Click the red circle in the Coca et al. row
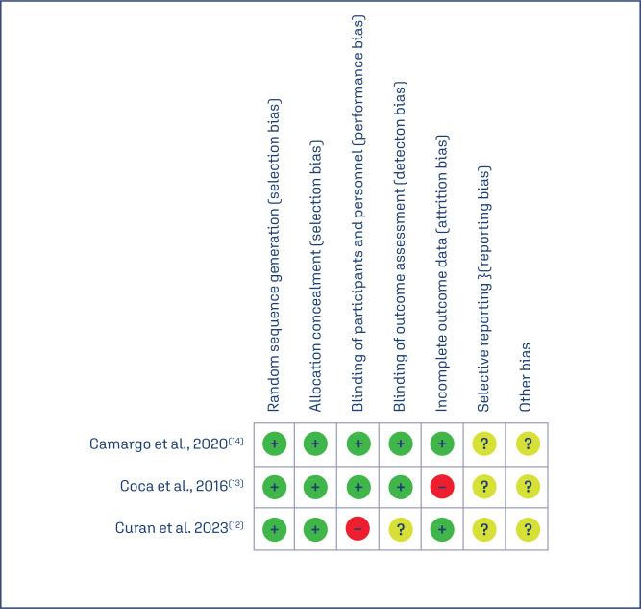point(442,487)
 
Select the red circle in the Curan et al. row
point(357,529)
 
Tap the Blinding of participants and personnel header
point(357,212)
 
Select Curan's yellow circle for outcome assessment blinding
point(400,529)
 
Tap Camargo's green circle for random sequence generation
point(275,444)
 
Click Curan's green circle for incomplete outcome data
point(442,529)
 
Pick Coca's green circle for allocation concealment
point(316,487)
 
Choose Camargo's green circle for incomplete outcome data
point(442,444)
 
